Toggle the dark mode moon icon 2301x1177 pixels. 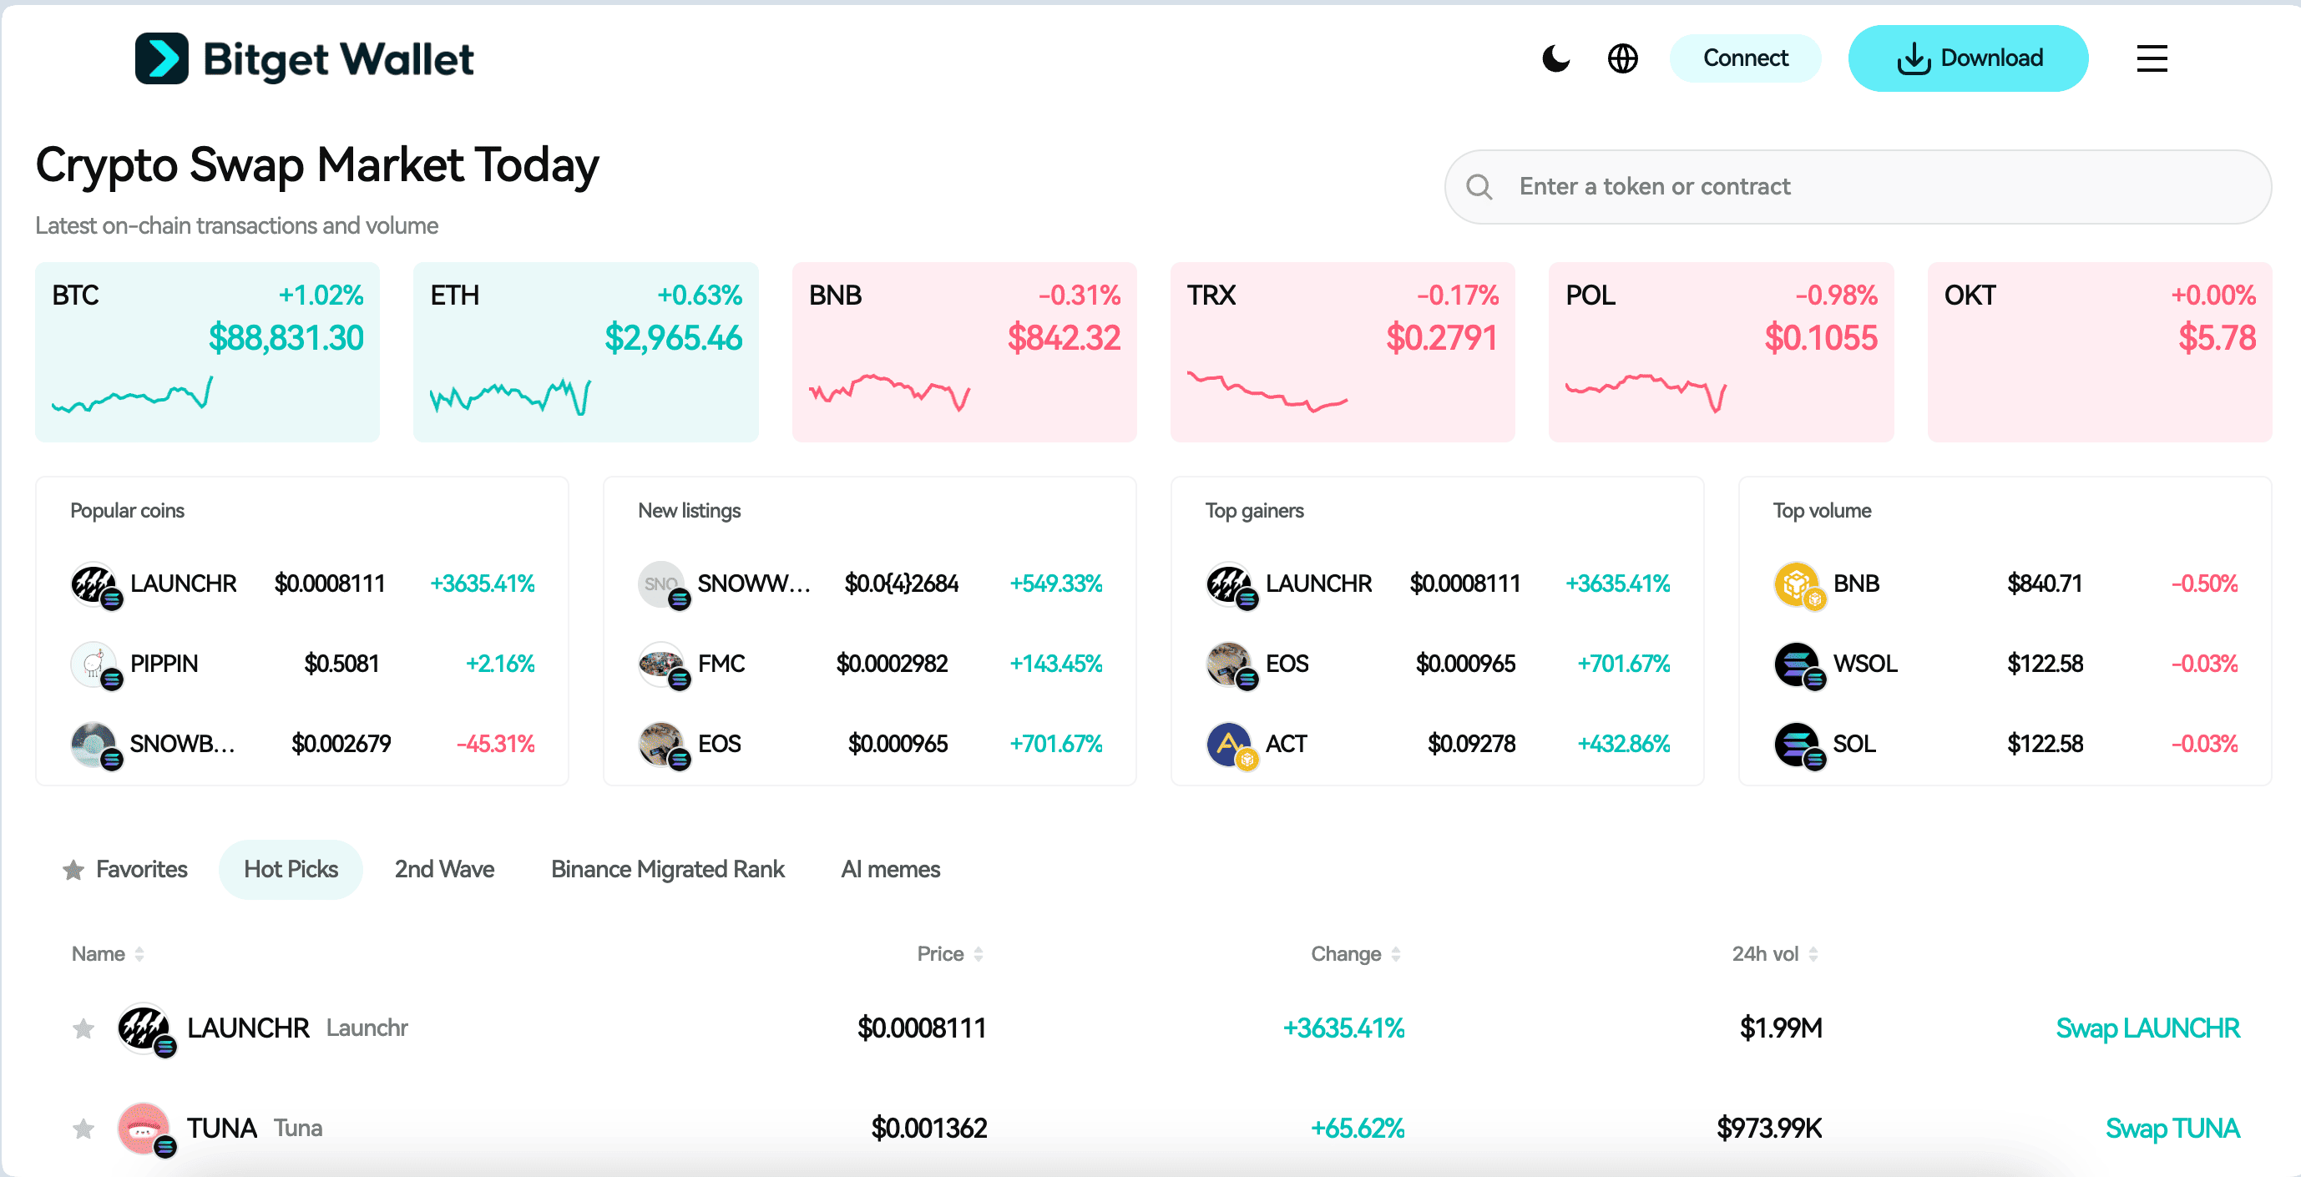point(1555,59)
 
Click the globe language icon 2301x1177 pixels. point(1622,59)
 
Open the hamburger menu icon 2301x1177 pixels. point(2151,59)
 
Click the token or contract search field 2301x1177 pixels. point(1876,187)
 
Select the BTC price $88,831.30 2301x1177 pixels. point(286,338)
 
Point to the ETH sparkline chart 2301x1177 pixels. point(510,396)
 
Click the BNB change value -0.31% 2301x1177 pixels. point(1078,296)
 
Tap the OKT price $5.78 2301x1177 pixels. point(2216,338)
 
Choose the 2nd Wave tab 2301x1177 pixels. point(444,869)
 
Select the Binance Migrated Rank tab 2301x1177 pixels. point(667,869)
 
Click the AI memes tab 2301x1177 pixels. point(890,869)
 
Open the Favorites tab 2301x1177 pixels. point(126,869)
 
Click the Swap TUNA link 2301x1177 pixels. point(2172,1128)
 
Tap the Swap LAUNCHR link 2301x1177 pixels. point(2147,1028)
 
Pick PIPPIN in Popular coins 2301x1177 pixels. point(164,664)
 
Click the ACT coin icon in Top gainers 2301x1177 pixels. point(1228,744)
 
